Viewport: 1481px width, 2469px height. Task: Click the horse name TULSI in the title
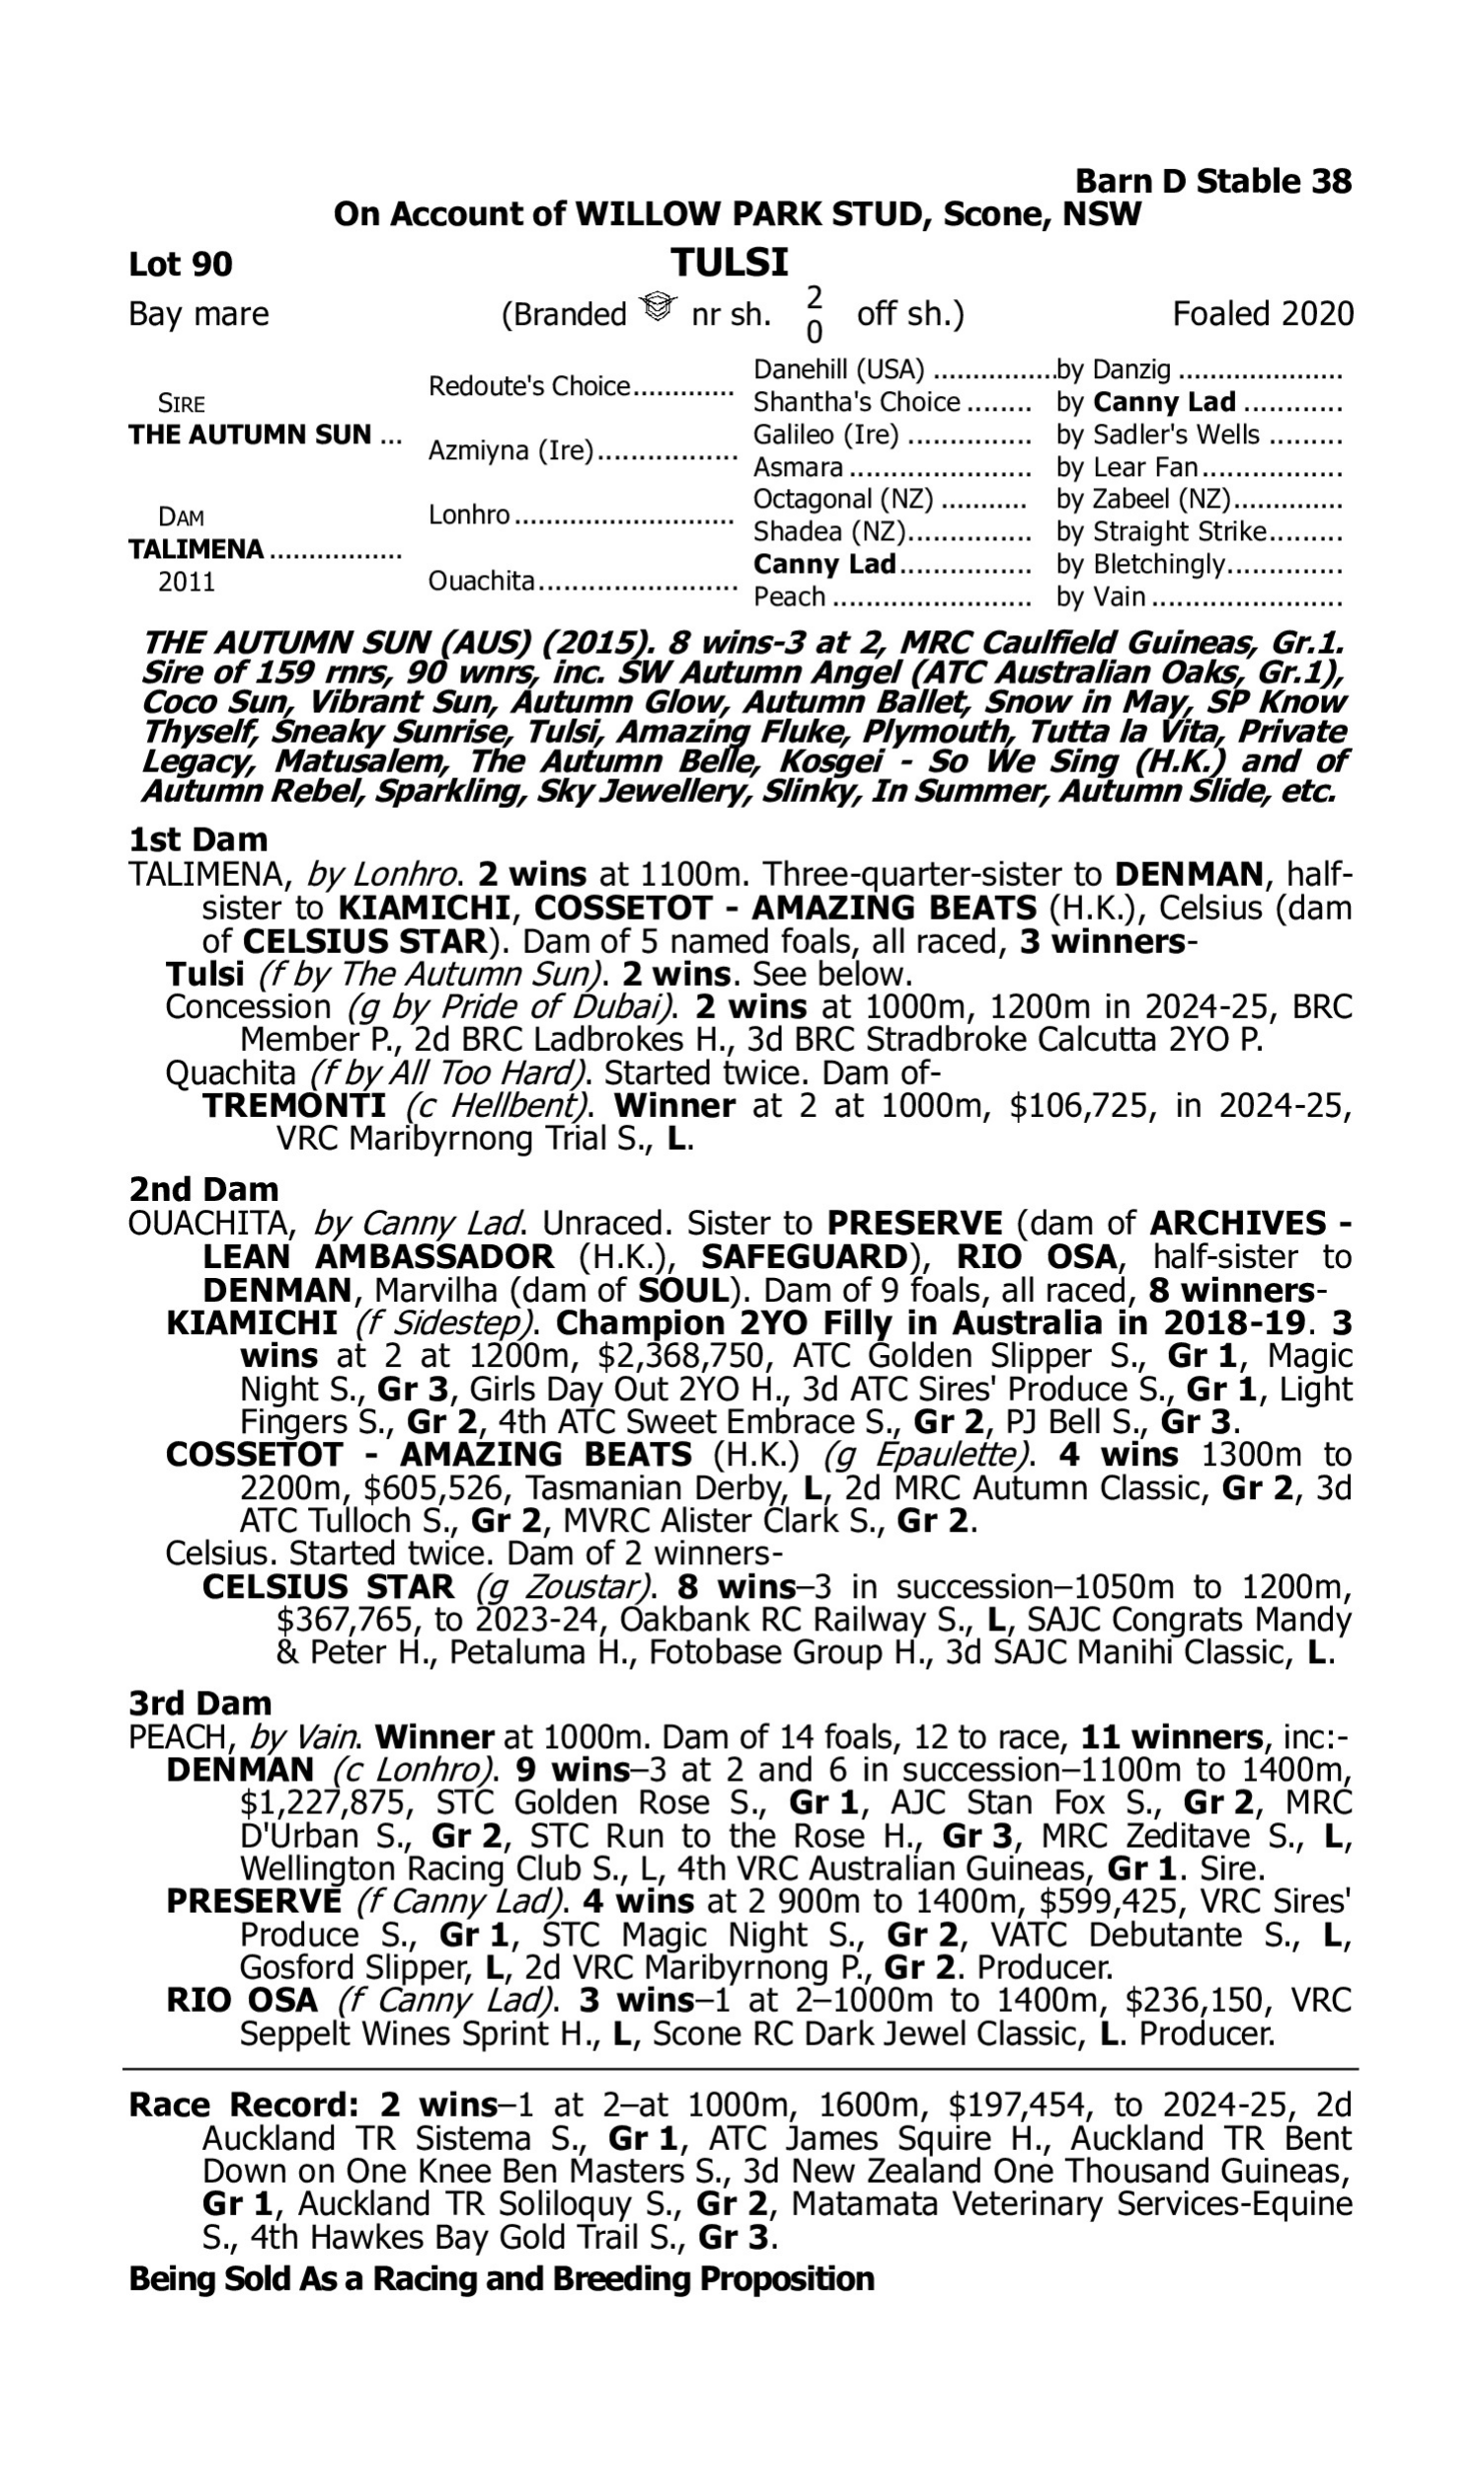[x=730, y=263]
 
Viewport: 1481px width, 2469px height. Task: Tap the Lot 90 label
[x=181, y=264]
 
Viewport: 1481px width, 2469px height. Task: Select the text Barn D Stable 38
[x=1212, y=182]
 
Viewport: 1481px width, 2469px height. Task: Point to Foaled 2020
[x=1263, y=314]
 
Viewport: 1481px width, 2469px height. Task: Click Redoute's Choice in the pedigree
[x=529, y=386]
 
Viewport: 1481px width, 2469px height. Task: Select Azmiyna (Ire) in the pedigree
[x=510, y=451]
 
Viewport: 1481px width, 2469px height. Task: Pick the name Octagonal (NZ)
[x=842, y=499]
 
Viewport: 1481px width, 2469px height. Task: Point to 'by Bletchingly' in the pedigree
[x=1139, y=564]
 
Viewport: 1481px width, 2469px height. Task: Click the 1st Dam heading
[x=198, y=840]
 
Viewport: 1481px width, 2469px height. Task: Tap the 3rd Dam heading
[x=200, y=1703]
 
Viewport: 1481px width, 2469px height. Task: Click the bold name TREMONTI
[x=294, y=1106]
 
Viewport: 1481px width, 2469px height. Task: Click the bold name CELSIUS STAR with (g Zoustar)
[x=328, y=1587]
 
